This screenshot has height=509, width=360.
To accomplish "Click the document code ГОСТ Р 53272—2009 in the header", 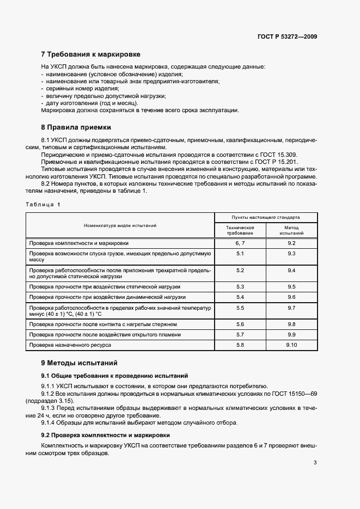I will [x=288, y=36].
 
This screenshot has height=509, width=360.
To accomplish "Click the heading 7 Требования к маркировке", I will [x=91, y=54].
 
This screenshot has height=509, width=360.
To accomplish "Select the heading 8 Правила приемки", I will [x=76, y=127].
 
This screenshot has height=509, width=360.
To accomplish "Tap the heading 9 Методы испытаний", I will [x=80, y=363].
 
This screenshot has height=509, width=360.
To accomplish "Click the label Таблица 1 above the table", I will [x=44, y=204].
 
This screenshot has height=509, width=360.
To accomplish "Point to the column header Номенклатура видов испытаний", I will [x=120, y=225].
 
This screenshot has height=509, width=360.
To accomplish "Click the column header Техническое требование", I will [x=240, y=230].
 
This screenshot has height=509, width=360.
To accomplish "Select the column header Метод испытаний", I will [x=291, y=230].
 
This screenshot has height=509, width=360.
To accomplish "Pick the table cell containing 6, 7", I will [x=240, y=243].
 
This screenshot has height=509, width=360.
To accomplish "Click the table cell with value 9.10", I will [x=291, y=345].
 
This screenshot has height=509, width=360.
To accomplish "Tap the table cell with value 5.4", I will [x=240, y=297].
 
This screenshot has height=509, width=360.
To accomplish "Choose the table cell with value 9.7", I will [x=291, y=308].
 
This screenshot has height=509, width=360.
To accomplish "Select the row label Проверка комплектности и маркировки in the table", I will [x=79, y=243].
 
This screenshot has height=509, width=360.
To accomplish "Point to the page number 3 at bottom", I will [x=315, y=463].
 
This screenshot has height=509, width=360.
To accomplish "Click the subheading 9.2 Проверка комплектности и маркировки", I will [x=106, y=435].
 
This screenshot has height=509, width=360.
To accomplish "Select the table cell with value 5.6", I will [x=240, y=324].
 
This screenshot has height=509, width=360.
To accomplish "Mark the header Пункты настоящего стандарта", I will [x=266, y=217].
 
